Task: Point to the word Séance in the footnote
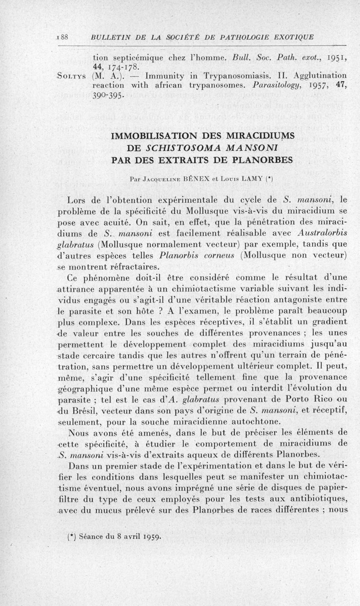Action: pyautogui.click(x=89, y=536)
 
